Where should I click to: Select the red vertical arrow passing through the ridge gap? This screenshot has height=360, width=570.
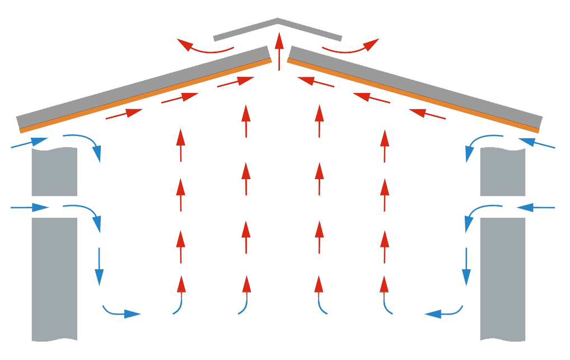[278, 51]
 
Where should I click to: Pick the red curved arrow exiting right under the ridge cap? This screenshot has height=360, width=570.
[349, 49]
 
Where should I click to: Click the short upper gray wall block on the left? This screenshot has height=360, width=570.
[54, 171]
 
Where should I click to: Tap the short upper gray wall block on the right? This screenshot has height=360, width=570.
[503, 171]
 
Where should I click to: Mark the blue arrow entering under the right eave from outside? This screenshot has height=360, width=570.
[537, 143]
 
